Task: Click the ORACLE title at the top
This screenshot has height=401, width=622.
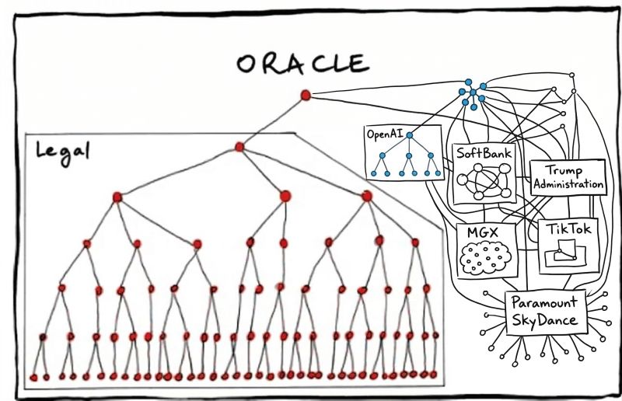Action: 301,62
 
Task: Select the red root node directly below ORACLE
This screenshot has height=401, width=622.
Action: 306,95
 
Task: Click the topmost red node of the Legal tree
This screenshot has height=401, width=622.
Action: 239,146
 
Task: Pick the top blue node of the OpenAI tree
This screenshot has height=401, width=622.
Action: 408,135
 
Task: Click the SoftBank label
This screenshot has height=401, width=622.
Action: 484,153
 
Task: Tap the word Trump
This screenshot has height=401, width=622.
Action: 564,171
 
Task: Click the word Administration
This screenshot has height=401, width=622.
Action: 568,185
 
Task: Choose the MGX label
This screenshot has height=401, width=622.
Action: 482,231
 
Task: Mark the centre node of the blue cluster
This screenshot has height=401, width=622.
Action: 473,92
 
